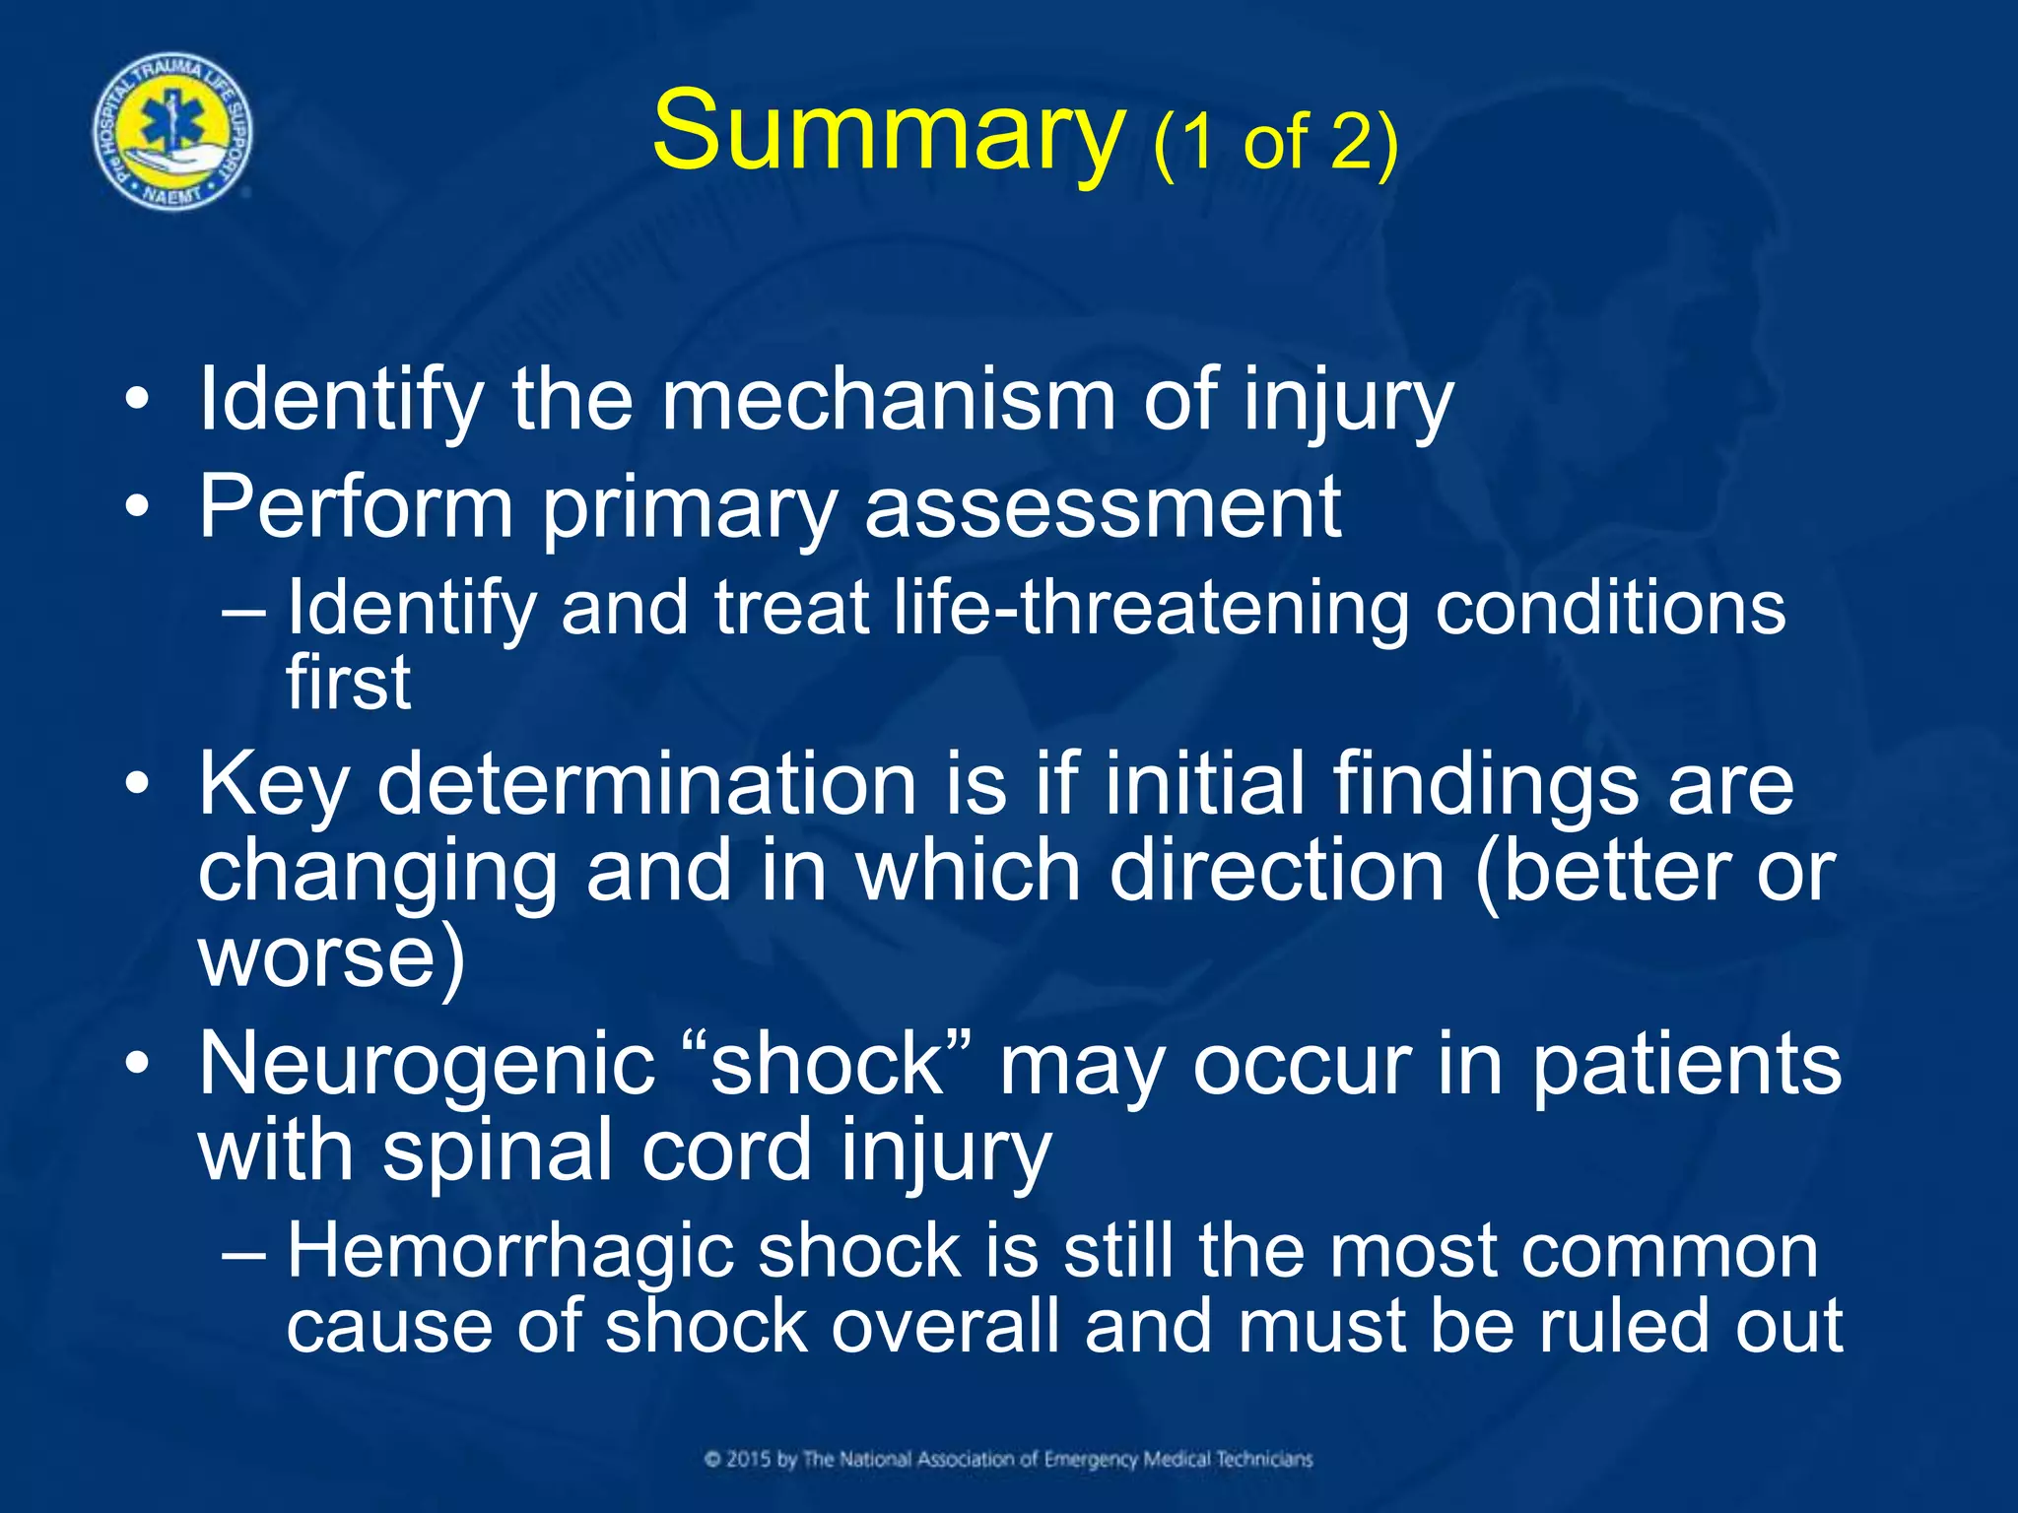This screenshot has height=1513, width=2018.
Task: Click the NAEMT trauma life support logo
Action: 173,132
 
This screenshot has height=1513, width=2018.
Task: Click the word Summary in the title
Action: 888,132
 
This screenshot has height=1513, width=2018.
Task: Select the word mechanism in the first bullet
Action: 888,400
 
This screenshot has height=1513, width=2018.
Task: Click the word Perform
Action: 356,507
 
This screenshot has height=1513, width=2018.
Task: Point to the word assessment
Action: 1103,507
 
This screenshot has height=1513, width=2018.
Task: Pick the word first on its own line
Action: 347,682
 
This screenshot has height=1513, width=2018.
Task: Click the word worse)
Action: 331,957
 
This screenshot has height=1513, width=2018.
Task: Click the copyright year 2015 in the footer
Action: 748,1459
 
